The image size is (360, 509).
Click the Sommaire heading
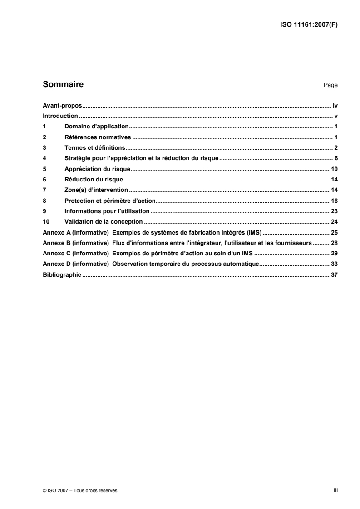pyautogui.click(x=63, y=84)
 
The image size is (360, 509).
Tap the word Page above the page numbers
pyautogui.click(x=330, y=85)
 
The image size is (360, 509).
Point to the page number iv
pyautogui.click(x=335, y=105)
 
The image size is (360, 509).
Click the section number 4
pyautogui.click(x=44, y=158)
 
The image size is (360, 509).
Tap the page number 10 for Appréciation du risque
pyautogui.click(x=334, y=169)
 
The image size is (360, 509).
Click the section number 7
pyautogui.click(x=44, y=190)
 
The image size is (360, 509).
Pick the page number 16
pyautogui.click(x=334, y=201)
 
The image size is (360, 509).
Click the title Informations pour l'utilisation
pyautogui.click(x=107, y=211)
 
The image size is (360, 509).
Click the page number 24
pyautogui.click(x=334, y=221)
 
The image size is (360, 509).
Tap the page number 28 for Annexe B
pyautogui.click(x=334, y=243)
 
